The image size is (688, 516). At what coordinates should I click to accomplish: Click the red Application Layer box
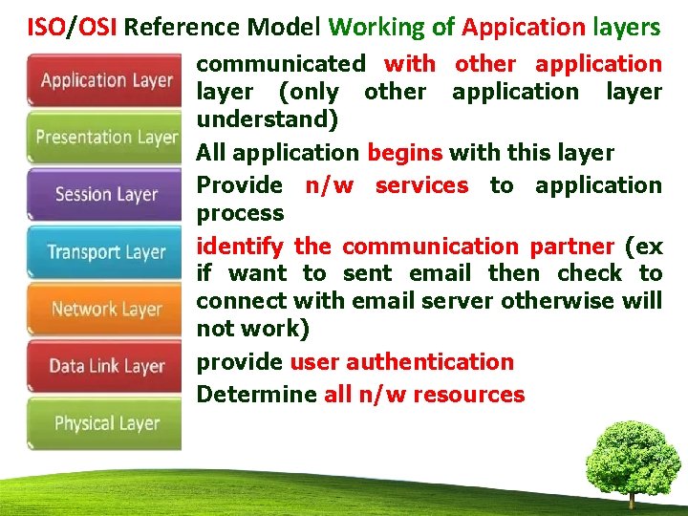coord(105,80)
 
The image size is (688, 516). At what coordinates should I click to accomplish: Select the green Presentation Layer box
coord(105,138)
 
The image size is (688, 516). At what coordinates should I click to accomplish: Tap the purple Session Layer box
coord(105,195)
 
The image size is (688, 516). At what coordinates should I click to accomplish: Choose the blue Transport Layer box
coord(105,252)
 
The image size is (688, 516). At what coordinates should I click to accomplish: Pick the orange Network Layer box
coord(105,309)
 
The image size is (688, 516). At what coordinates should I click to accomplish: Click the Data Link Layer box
coord(105,366)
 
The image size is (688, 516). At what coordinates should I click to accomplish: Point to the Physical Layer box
coord(105,423)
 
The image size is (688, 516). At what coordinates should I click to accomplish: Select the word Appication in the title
coord(523,27)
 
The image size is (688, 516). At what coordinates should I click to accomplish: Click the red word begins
coord(404,153)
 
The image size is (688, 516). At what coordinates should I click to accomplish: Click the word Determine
coord(256,395)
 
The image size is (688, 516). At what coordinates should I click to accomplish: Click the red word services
coord(421,184)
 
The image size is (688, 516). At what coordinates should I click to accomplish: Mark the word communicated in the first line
coord(280,64)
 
